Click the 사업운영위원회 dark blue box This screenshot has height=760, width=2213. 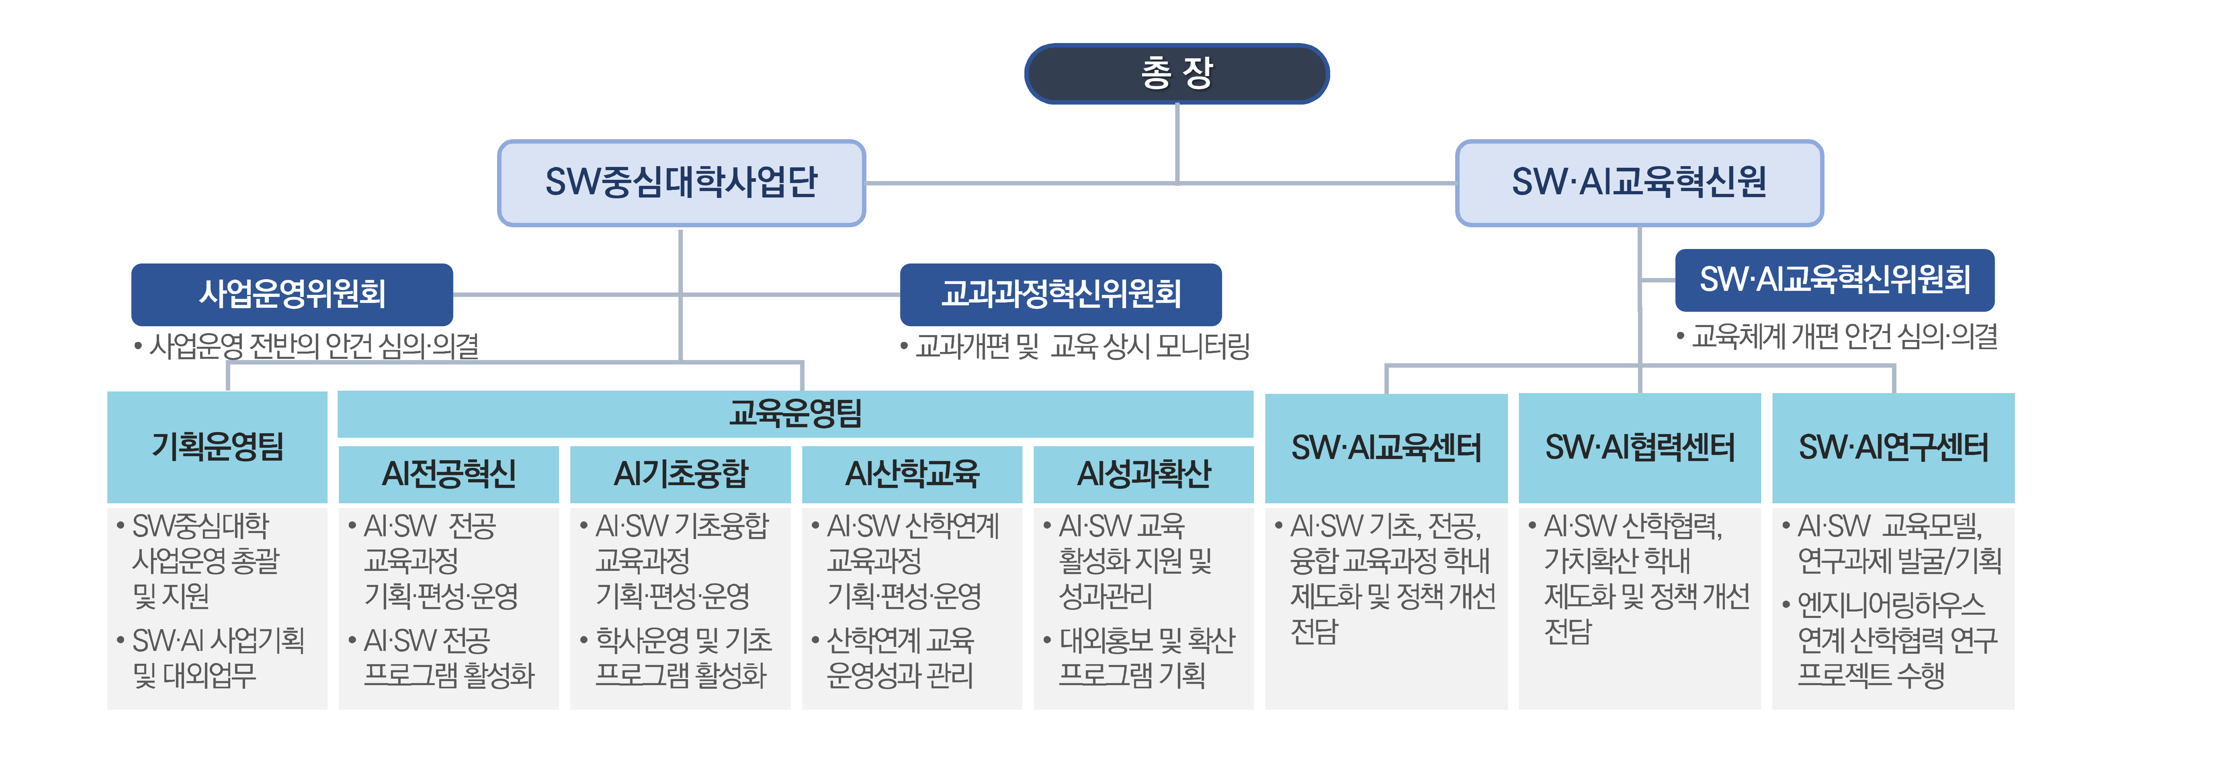tap(292, 294)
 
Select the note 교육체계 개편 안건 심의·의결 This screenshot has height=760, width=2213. tap(1844, 336)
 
